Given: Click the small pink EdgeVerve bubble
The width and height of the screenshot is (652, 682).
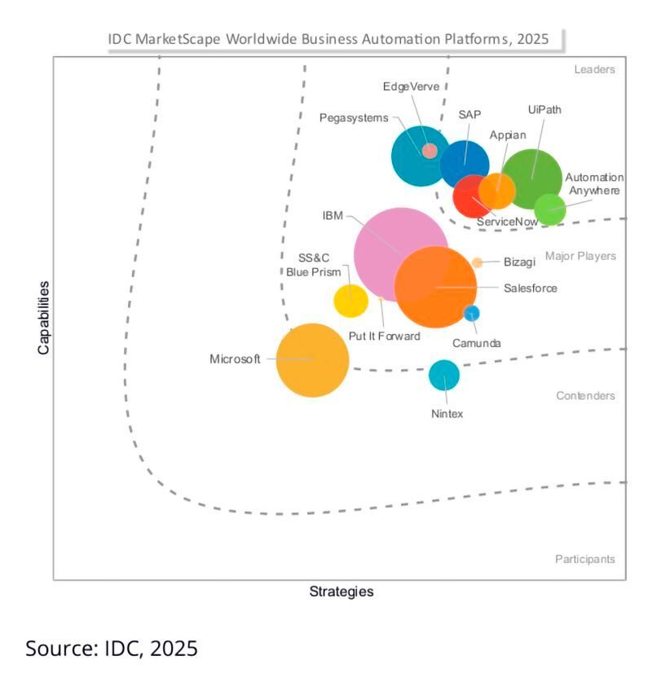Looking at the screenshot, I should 430,151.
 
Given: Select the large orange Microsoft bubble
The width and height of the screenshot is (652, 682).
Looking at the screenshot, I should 312,359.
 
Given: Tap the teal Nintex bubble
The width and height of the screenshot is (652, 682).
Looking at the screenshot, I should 444,375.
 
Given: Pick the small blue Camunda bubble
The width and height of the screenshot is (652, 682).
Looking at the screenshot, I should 471,313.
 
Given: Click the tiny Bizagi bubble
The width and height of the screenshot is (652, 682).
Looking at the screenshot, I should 477,262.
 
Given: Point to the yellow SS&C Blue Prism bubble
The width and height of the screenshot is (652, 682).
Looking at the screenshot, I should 350,301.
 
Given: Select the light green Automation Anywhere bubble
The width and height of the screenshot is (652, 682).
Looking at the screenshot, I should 550,209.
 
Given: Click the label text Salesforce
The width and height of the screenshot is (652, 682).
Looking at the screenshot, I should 531,288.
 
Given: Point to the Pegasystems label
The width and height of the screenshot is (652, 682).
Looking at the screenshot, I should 354,118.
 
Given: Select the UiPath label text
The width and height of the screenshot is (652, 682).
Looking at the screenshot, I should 544,110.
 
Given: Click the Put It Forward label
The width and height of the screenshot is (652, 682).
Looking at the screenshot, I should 384,336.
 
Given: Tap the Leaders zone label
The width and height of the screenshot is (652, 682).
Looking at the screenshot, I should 594,70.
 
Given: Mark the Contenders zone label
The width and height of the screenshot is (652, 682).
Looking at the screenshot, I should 585,396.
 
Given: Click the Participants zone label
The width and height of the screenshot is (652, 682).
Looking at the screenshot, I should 585,559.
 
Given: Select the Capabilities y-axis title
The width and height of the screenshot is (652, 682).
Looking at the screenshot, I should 43,317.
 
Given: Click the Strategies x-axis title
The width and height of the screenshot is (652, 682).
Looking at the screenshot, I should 341,592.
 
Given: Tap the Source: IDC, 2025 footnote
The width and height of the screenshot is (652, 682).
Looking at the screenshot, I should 112,649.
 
